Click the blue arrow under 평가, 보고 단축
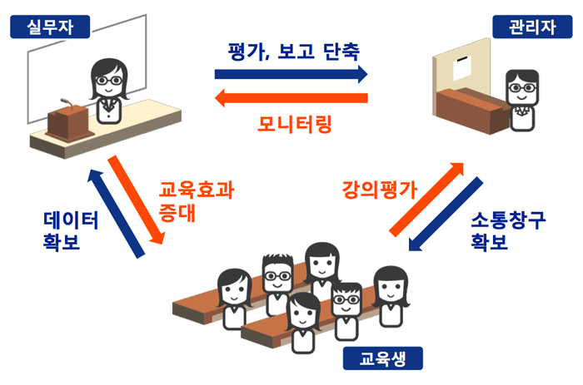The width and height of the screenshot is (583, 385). [291, 74]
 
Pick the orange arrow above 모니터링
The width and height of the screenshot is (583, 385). [291, 100]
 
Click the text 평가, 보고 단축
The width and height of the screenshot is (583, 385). [293, 51]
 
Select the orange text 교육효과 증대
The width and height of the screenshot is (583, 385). [196, 200]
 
